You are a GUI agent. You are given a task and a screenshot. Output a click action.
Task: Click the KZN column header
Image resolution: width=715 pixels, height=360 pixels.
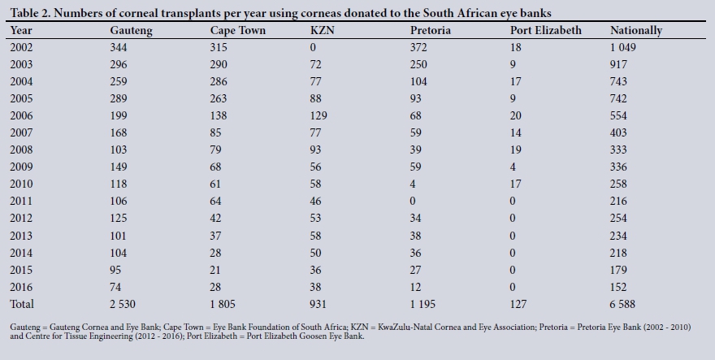(x=321, y=30)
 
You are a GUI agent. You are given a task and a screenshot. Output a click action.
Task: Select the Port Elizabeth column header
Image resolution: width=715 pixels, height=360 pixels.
(x=546, y=30)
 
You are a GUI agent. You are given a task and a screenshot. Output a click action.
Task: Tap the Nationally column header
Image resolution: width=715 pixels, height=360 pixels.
(x=636, y=30)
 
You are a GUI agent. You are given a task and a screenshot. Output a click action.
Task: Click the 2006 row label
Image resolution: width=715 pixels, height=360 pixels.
(x=22, y=115)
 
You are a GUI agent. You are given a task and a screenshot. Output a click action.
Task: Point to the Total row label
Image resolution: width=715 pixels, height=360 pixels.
(x=23, y=304)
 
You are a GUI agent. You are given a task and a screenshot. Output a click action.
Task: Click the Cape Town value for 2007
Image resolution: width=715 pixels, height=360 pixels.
(x=218, y=132)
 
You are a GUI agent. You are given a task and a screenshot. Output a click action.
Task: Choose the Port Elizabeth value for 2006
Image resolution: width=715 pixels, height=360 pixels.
(x=516, y=115)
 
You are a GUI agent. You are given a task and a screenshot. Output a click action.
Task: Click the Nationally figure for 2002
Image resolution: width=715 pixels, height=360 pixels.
(x=625, y=47)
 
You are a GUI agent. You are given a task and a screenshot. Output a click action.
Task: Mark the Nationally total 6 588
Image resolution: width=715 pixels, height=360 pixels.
(x=625, y=304)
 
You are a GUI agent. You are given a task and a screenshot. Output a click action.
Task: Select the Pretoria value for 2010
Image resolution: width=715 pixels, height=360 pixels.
(x=414, y=184)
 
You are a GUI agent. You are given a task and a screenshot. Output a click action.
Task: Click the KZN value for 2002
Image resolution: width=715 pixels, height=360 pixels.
(x=314, y=47)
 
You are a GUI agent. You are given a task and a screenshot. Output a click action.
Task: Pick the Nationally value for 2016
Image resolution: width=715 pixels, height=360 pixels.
(x=619, y=287)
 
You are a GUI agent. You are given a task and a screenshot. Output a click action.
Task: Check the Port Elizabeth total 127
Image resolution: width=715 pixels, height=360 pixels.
(x=518, y=304)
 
